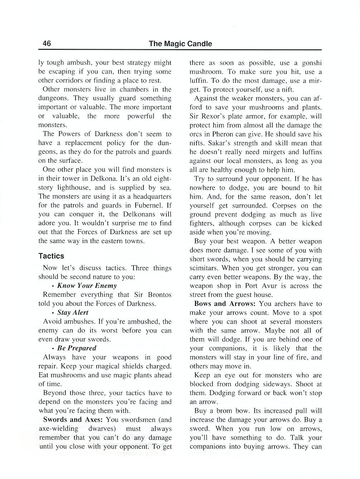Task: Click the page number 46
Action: (47, 44)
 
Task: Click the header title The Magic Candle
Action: (180, 44)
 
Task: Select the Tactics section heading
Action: (51, 256)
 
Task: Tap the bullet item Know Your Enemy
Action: (87, 286)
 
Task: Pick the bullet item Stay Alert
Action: (73, 313)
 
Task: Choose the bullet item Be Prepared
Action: (77, 348)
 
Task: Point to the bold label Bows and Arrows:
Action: (225, 304)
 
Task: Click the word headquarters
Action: (150, 197)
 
